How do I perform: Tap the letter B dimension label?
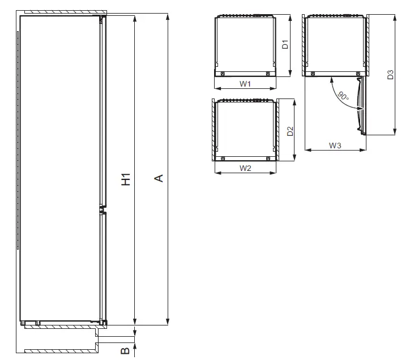(126, 351)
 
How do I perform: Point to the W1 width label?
(245, 84)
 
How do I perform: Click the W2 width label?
(245, 168)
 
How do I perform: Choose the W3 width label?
(335, 145)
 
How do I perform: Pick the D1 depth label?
(285, 44)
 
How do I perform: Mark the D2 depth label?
(289, 131)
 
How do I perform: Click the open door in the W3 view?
(361, 105)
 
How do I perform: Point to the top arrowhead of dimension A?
(168, 17)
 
